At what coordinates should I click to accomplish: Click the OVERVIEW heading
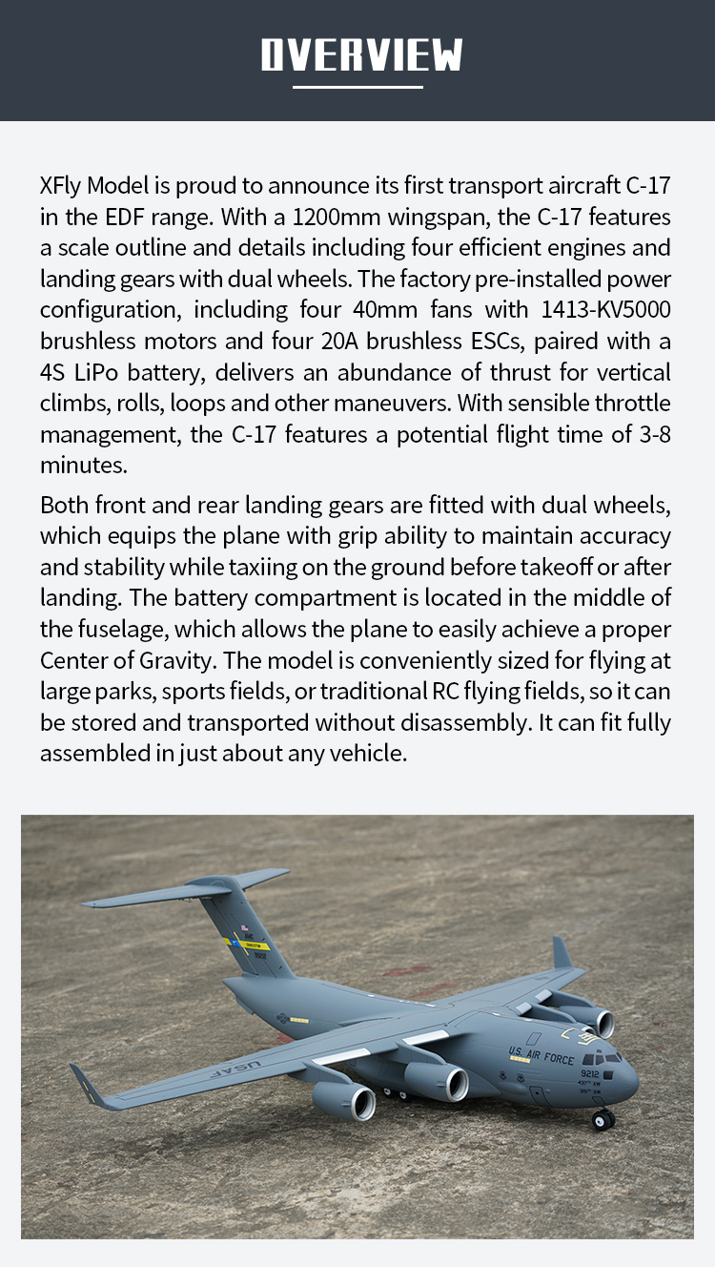pos(361,55)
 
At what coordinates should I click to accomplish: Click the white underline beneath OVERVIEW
pos(357,87)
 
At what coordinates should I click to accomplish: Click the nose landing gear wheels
pos(603,1119)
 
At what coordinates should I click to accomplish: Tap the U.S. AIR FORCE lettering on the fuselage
pos(541,1055)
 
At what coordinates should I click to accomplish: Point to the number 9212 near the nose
pos(589,1073)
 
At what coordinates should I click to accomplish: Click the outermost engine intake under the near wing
pos(363,1103)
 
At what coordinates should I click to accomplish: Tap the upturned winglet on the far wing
pos(562,952)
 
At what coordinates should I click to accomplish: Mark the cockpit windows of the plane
pos(603,1057)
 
